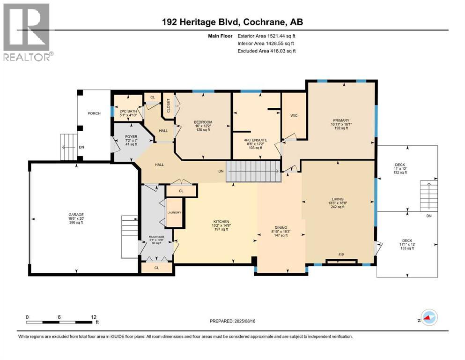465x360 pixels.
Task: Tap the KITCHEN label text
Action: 221,221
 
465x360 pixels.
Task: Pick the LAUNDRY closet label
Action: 174,213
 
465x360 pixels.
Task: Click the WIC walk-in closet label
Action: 294,115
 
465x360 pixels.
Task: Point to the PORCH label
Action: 95,113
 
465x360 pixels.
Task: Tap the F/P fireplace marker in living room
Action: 341,255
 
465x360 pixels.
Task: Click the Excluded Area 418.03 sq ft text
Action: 266,51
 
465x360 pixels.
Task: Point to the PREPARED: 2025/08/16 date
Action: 232,321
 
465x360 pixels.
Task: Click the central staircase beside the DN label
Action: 253,172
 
